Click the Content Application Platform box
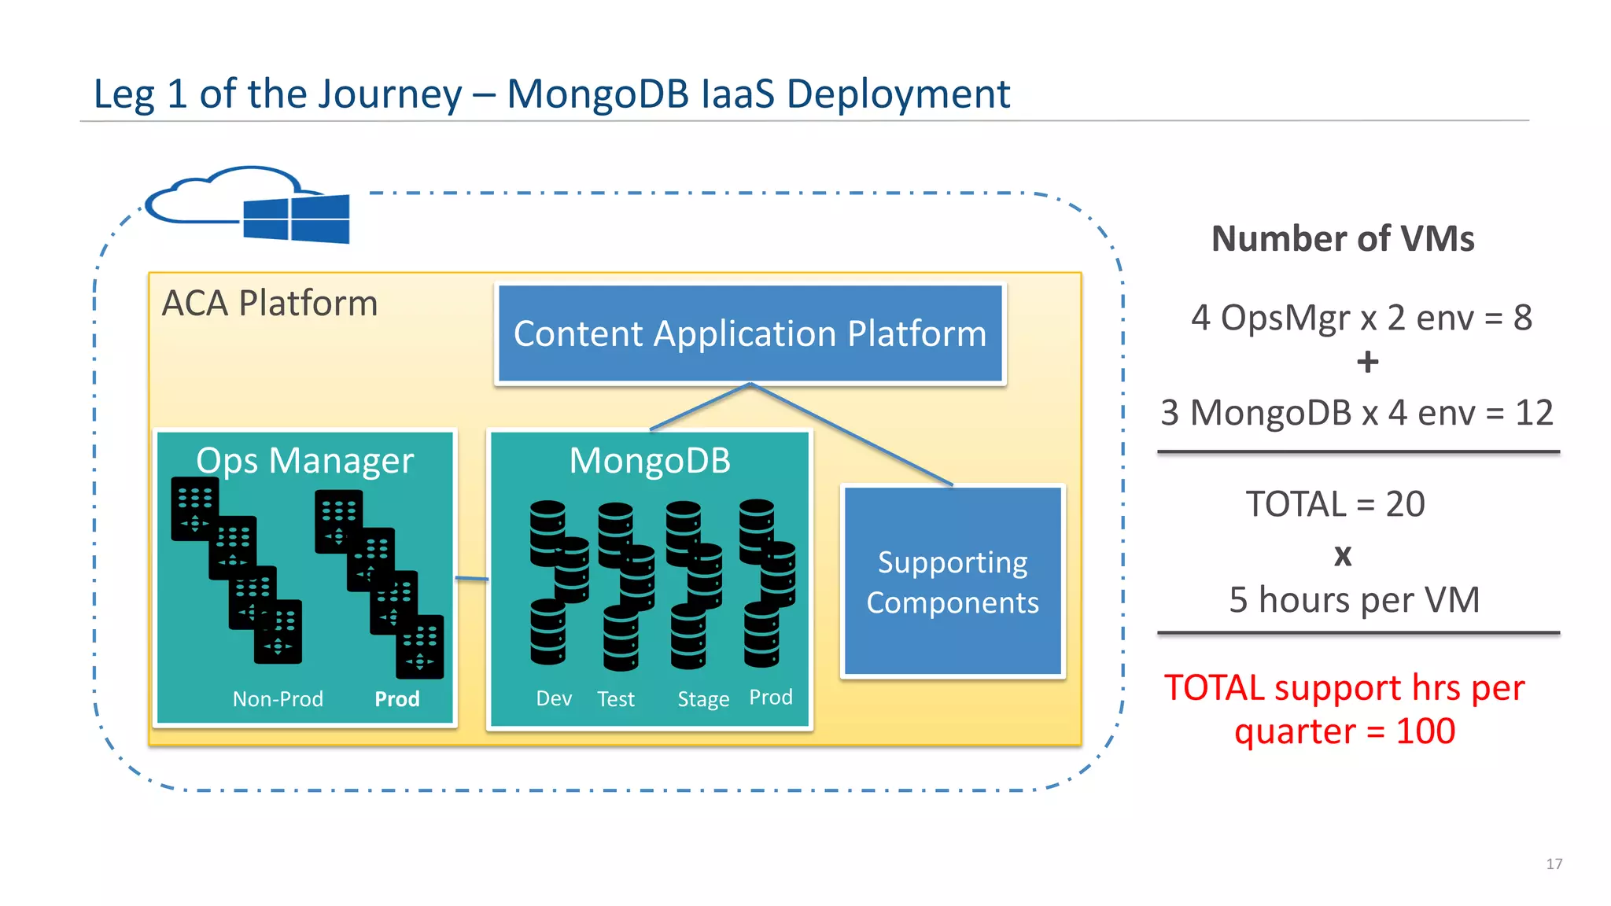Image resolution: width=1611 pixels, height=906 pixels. coord(750,334)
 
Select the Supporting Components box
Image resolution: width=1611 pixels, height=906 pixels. coord(953,582)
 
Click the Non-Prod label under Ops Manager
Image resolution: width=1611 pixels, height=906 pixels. coord(278,698)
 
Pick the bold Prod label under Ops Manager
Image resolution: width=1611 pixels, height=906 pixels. coord(396,698)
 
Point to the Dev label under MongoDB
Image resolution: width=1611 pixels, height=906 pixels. coord(554,698)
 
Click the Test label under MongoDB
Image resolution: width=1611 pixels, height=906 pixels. coord(615,698)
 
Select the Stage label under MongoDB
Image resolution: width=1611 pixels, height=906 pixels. coord(703,698)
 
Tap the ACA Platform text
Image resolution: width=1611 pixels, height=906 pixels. coord(270,304)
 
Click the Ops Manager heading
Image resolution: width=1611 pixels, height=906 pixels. coord(304,461)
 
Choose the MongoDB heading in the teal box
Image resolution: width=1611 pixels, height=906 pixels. coord(650,461)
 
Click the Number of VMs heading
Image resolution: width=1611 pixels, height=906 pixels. coord(1343,239)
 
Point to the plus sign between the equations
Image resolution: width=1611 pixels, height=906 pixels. coord(1367,363)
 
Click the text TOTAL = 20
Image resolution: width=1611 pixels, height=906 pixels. coord(1335,504)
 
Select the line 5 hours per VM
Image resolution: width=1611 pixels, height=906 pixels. coord(1354,600)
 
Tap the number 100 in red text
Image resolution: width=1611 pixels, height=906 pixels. coord(1425,731)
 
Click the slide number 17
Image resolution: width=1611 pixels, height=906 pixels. coord(1554,864)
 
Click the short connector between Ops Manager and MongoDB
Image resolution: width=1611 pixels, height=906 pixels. coord(472,579)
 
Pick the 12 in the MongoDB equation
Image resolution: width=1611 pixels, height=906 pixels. coord(1534,413)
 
